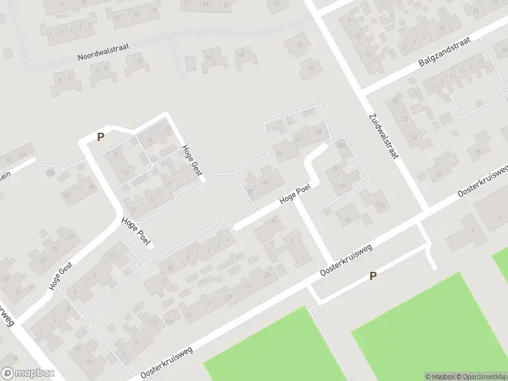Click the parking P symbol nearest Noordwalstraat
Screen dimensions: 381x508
[100, 136]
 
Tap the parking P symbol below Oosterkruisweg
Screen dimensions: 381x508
[373, 276]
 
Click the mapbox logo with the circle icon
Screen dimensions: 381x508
[27, 373]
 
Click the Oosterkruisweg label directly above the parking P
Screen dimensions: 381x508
[345, 260]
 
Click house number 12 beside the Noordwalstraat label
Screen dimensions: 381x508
[140, 60]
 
